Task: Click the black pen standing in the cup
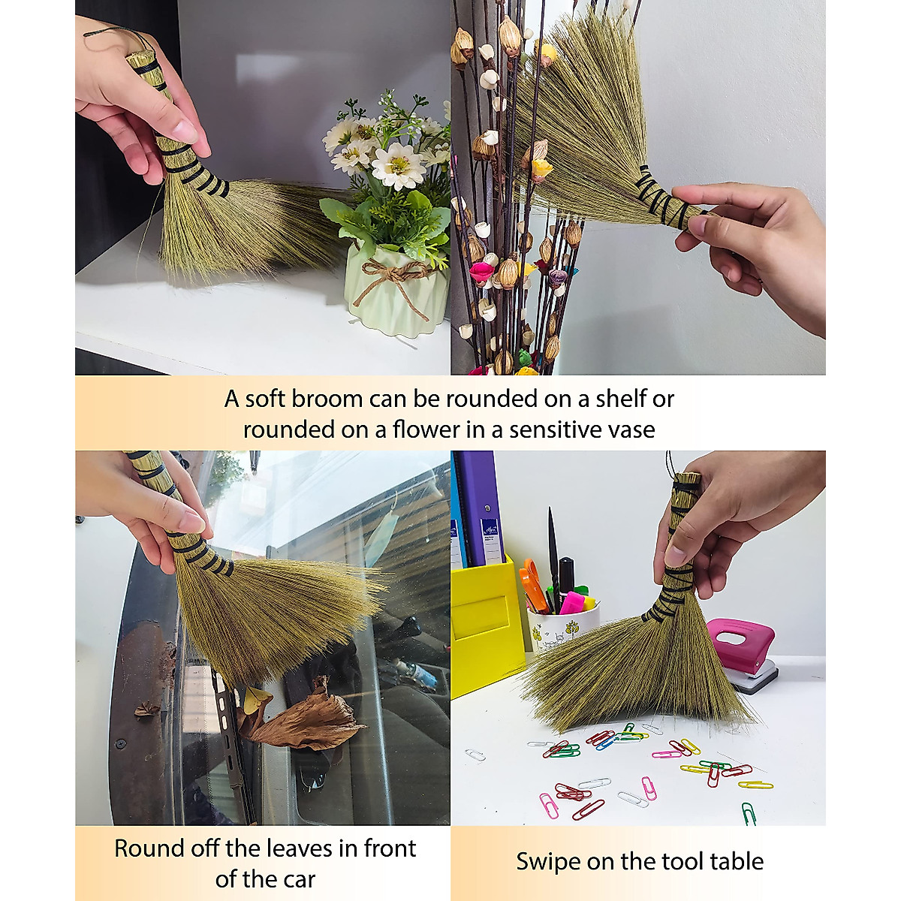(553, 548)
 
